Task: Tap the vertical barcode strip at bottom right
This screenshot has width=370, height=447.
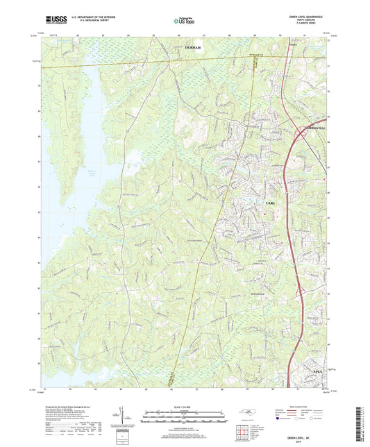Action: pos(360,416)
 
